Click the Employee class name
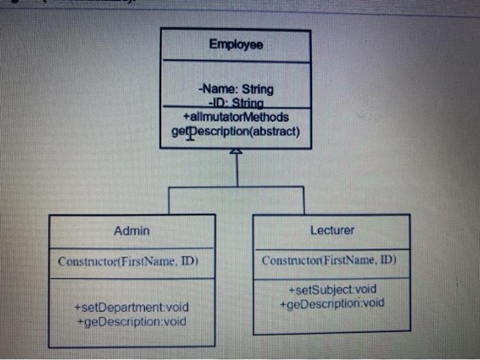pos(236,45)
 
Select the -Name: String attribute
pos(235,89)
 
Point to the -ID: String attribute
pos(235,103)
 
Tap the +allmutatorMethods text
pos(235,117)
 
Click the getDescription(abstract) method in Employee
pos(235,130)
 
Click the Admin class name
pos(131,231)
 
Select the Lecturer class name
pos(332,230)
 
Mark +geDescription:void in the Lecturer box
pos(332,303)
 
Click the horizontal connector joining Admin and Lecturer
pos(236,187)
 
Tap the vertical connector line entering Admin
pos(169,200)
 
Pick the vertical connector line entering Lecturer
pos(304,200)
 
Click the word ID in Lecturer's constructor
pos(384,261)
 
